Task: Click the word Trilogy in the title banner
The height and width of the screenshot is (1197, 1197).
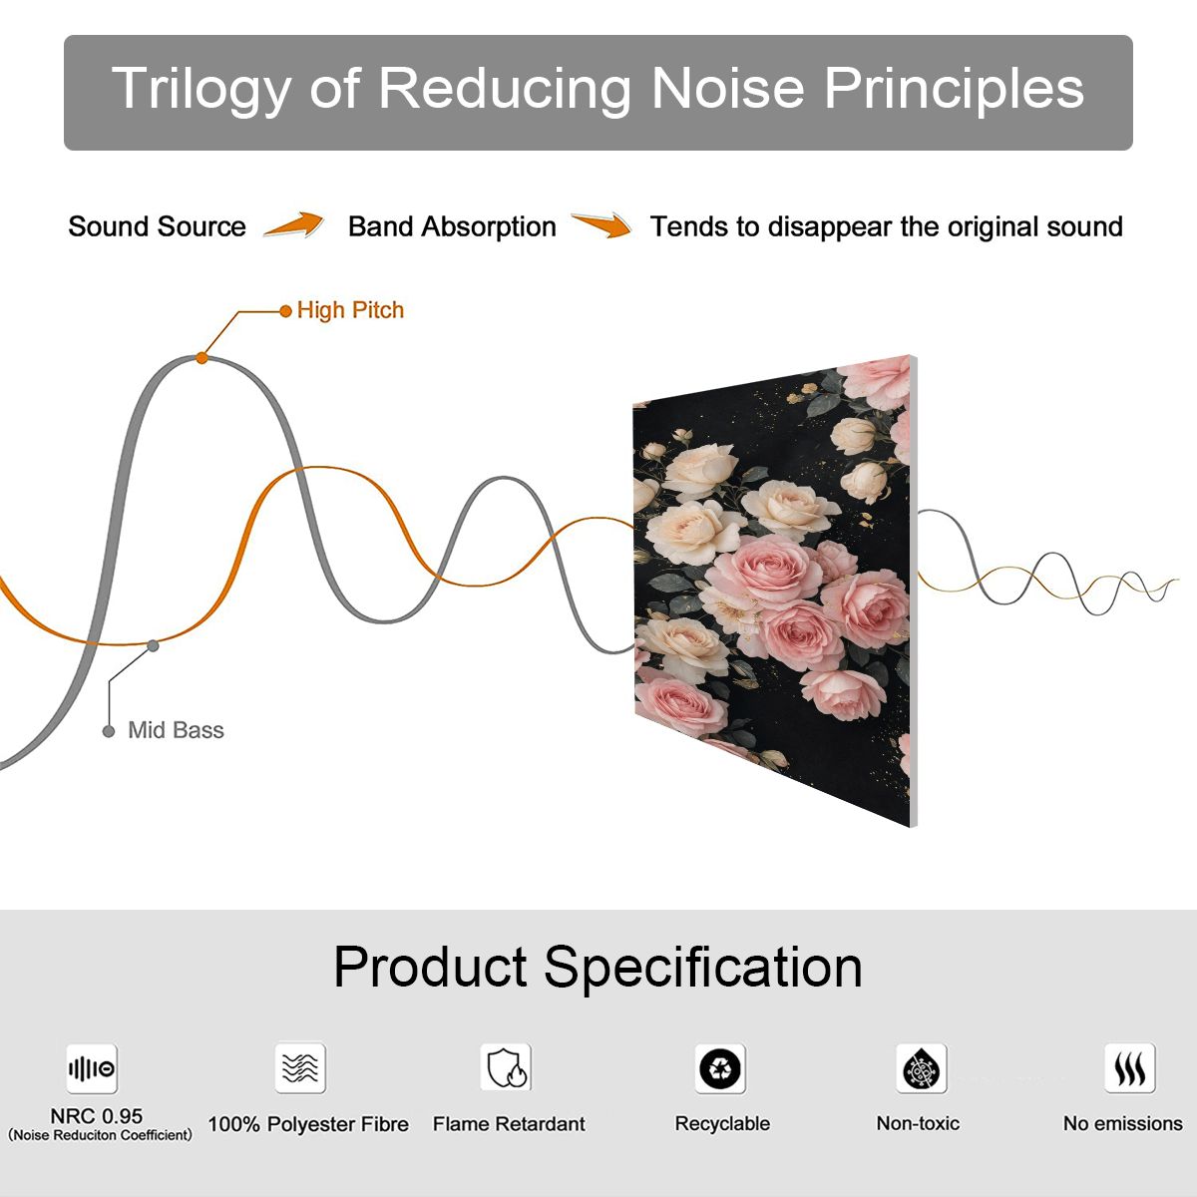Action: (200, 90)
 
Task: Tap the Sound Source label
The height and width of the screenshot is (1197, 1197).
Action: (158, 226)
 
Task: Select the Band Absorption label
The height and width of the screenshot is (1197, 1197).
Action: (452, 226)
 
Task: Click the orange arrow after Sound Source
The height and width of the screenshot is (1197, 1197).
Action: (294, 224)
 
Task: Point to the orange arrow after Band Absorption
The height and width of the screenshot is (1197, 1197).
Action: (601, 224)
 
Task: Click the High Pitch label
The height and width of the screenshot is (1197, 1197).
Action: (350, 310)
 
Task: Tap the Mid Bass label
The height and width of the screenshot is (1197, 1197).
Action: (176, 730)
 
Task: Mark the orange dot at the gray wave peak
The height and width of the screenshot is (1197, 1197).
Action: (201, 358)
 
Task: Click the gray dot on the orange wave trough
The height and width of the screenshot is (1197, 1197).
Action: (153, 646)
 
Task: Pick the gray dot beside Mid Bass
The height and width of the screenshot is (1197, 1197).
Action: (109, 731)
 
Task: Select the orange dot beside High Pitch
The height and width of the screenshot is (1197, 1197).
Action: (285, 310)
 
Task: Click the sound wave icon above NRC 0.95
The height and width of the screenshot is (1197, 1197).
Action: (92, 1068)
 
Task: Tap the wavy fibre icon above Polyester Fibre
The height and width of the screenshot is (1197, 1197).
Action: (300, 1067)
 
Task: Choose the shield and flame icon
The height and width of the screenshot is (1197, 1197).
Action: (506, 1067)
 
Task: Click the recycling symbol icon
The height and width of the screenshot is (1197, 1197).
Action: (720, 1068)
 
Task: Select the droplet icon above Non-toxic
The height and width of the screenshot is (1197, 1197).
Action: (922, 1068)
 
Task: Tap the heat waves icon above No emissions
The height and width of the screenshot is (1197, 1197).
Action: (1130, 1067)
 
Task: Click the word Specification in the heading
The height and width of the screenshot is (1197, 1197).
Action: (703, 970)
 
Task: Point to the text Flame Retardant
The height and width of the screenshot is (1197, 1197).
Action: (509, 1124)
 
